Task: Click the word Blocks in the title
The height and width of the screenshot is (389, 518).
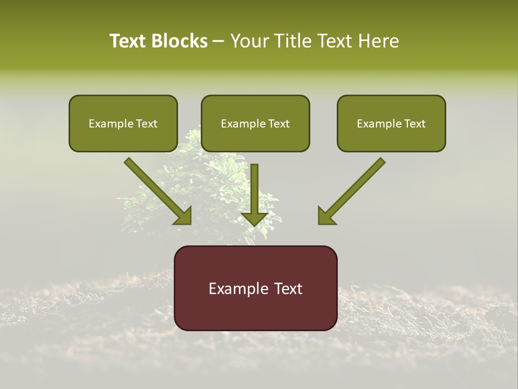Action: coord(179,41)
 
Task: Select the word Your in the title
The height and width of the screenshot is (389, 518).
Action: coord(248,41)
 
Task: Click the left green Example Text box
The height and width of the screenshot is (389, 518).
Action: coord(123,124)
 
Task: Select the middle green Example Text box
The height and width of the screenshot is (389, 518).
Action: coord(255,124)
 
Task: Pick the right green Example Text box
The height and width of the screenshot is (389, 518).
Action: coord(391,124)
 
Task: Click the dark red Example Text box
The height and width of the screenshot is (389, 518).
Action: coord(255,289)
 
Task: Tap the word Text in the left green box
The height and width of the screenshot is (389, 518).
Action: coord(146,124)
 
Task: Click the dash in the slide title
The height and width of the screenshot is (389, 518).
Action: coord(219,41)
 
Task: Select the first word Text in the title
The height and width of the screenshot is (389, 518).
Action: coord(127,41)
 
